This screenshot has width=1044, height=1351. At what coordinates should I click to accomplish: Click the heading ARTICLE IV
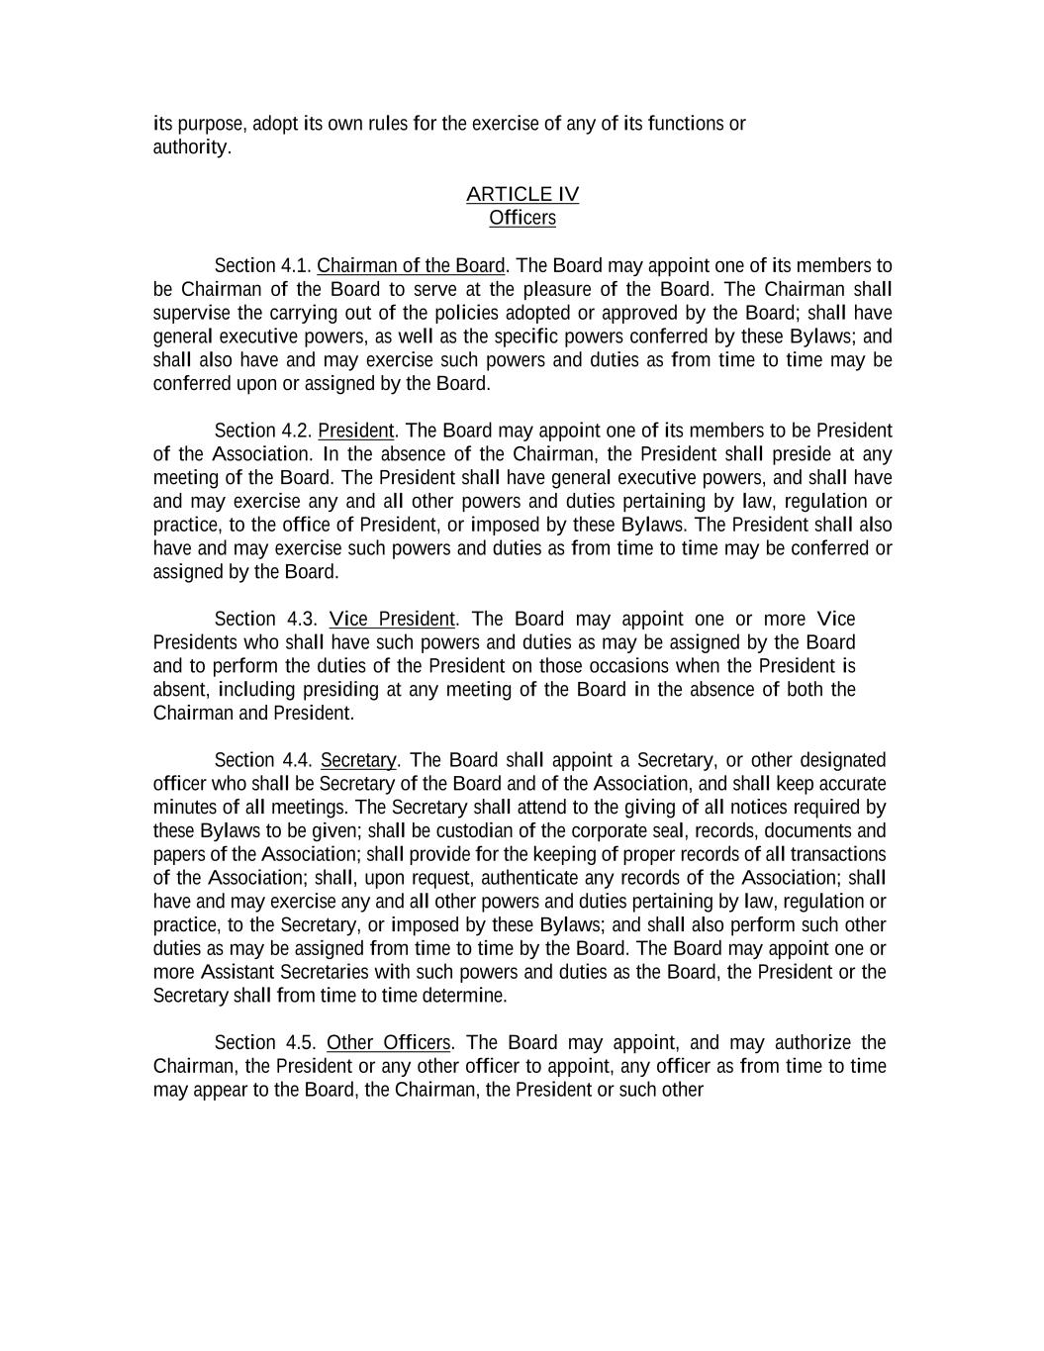pyautogui.click(x=522, y=194)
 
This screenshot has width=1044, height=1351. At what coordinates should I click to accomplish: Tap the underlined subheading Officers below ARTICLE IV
pyautogui.click(x=522, y=218)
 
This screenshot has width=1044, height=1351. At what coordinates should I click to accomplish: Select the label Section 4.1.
pyautogui.click(x=262, y=265)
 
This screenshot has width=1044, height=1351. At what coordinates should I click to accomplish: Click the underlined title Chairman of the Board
pyautogui.click(x=411, y=265)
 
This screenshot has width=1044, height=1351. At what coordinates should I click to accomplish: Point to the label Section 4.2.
pyautogui.click(x=262, y=431)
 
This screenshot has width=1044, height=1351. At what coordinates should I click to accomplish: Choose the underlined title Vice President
pyautogui.click(x=392, y=619)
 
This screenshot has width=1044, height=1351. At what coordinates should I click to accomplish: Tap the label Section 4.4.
pyautogui.click(x=262, y=760)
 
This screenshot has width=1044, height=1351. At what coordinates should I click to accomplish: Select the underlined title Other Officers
pyautogui.click(x=389, y=1042)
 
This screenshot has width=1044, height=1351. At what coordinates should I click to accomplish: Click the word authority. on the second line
pyautogui.click(x=192, y=147)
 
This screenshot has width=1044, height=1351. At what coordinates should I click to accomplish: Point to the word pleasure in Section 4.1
pyautogui.click(x=559, y=289)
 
